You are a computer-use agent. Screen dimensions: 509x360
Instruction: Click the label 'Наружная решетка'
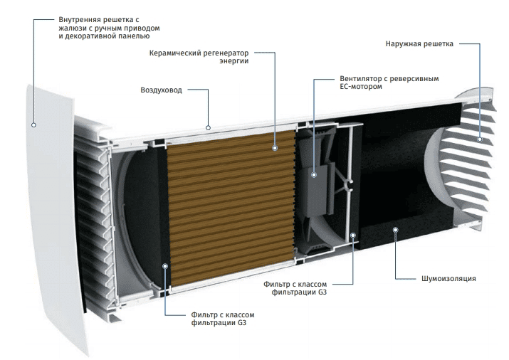[419, 44]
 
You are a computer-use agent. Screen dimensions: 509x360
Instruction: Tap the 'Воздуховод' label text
[161, 90]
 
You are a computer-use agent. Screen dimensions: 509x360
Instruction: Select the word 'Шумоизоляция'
[448, 278]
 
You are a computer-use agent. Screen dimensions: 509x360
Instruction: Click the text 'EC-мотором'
[361, 87]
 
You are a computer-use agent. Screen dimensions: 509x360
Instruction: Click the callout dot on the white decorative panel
[33, 125]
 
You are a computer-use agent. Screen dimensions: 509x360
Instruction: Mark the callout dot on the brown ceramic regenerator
[275, 148]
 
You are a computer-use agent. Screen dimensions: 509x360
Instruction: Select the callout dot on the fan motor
[313, 175]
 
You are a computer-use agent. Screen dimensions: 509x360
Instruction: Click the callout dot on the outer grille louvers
[480, 139]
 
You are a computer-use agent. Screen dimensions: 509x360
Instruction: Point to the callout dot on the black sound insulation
[395, 230]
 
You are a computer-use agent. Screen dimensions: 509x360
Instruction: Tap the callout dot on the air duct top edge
[208, 128]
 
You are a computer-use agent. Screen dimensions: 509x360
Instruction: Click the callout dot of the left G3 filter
[165, 266]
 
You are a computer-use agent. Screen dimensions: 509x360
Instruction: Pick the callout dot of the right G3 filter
[353, 235]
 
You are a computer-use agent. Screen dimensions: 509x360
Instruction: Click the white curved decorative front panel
[52, 221]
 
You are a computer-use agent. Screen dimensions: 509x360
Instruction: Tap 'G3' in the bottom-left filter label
[242, 323]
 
